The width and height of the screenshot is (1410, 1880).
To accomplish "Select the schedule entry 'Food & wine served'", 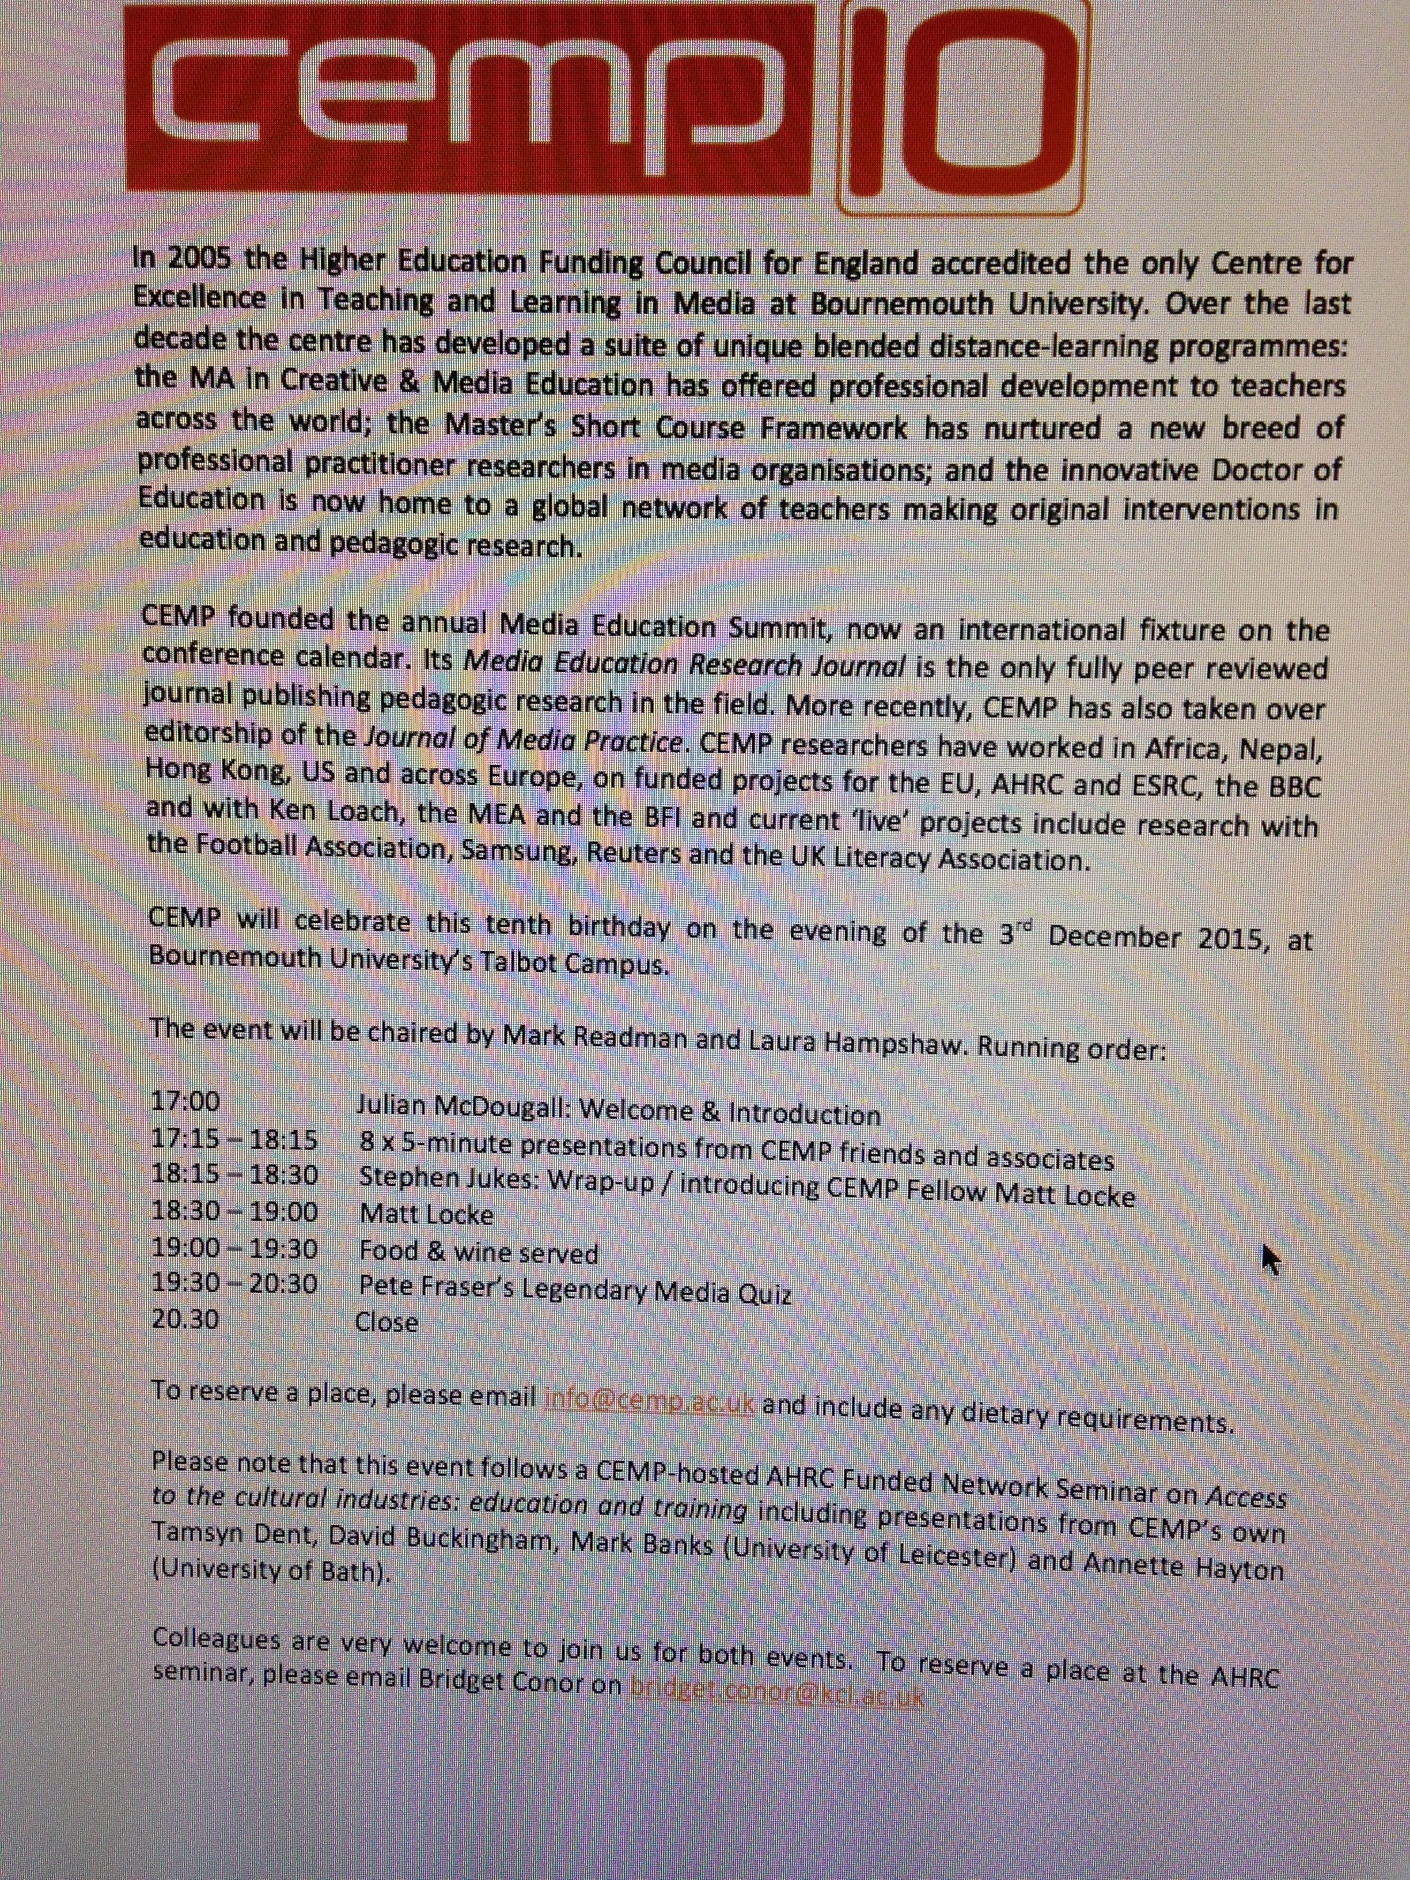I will (x=479, y=1252).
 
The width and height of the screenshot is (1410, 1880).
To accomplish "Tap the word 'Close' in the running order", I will (x=386, y=1322).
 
